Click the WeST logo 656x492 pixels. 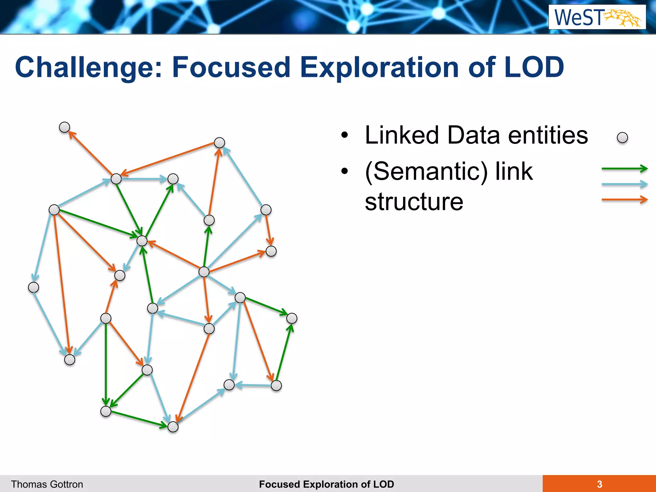coord(597,17)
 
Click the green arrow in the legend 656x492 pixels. coord(624,168)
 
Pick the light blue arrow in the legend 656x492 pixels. coord(624,184)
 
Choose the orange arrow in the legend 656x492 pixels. coord(624,200)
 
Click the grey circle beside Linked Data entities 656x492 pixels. coord(622,138)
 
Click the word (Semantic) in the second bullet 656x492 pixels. coord(426,172)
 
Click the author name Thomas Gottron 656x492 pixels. coord(47,484)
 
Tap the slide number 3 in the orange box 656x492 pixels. coord(599,484)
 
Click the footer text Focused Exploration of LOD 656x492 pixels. coord(326,484)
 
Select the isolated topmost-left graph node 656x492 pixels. coord(65,127)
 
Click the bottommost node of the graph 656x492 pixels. coord(173,427)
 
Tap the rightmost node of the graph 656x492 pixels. coord(292,318)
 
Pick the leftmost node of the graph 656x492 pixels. coord(34,287)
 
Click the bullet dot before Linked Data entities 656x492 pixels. coord(344,135)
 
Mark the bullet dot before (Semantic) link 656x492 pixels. coord(344,172)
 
